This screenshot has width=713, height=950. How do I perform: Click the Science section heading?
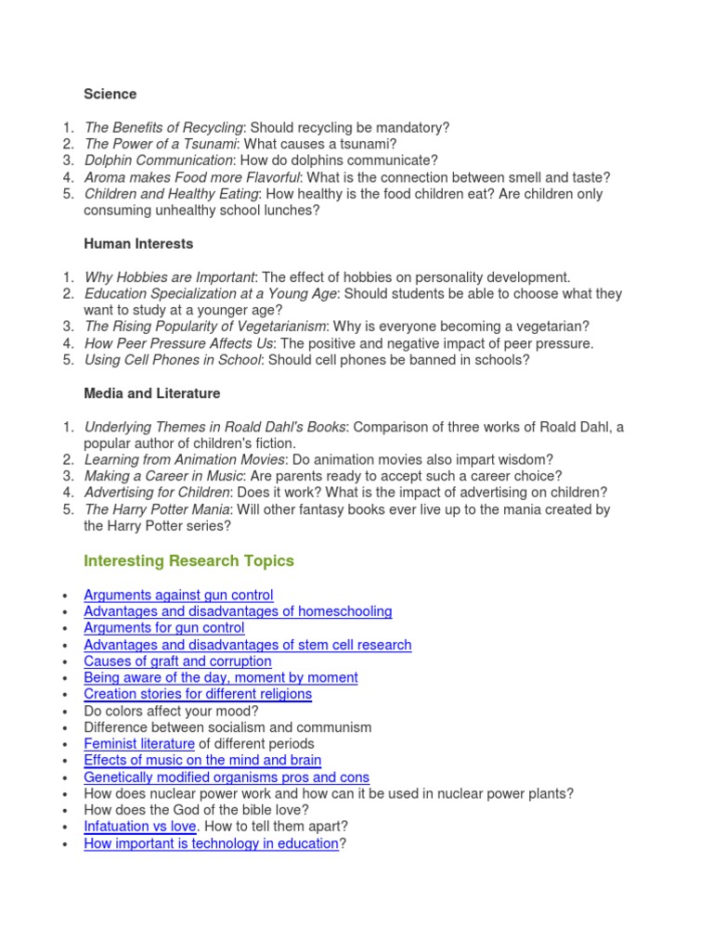[x=110, y=94]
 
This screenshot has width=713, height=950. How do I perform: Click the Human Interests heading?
[x=138, y=244]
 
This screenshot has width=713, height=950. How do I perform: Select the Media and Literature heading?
[x=151, y=393]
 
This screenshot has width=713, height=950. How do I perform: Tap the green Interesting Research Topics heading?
[x=188, y=560]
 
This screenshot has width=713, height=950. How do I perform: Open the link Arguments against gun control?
[x=178, y=595]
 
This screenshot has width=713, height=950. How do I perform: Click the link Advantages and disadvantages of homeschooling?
[x=238, y=611]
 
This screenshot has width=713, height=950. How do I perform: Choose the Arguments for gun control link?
[x=163, y=628]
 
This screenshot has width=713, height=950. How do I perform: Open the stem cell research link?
[x=247, y=645]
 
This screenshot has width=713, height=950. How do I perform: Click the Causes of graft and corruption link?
[x=177, y=661]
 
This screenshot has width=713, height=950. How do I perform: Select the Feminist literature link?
[x=139, y=744]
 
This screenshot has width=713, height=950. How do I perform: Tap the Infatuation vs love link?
[x=139, y=827]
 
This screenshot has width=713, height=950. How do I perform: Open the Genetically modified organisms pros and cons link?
[x=226, y=777]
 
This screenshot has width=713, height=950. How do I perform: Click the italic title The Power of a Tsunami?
[x=160, y=144]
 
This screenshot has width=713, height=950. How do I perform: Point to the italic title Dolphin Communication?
[x=158, y=160]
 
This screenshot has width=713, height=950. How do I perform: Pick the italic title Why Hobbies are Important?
[x=169, y=277]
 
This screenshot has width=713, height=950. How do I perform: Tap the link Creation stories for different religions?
[x=197, y=694]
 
